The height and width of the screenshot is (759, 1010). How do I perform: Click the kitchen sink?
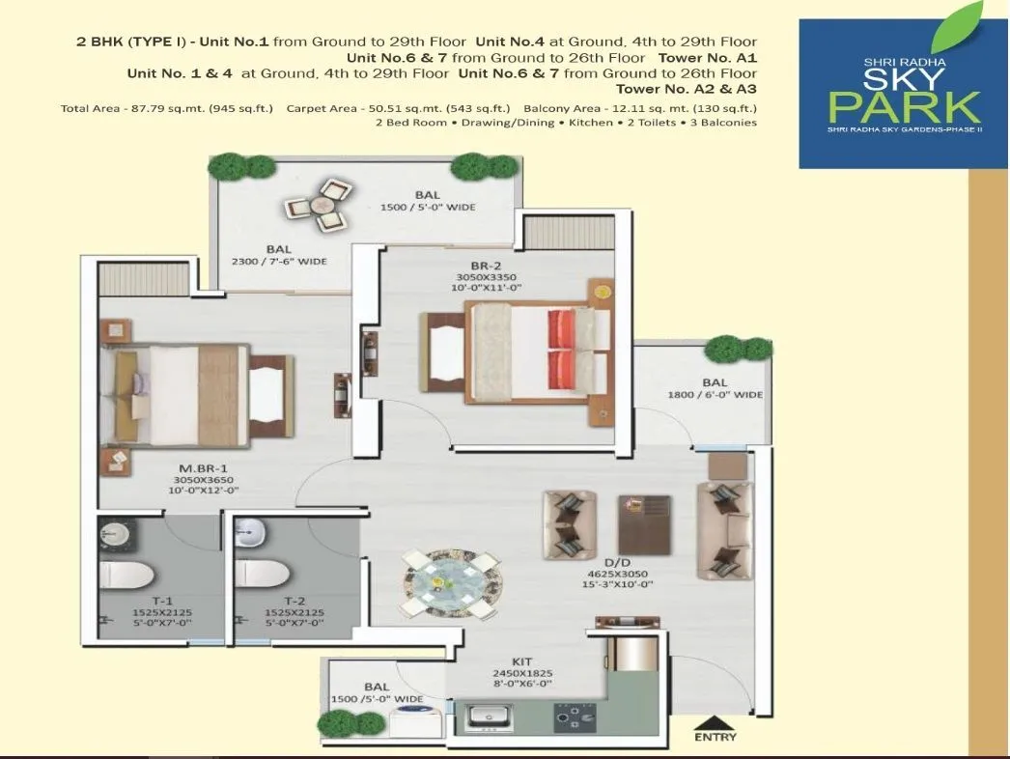click(491, 717)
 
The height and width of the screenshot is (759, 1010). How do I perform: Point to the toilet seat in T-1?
click(127, 575)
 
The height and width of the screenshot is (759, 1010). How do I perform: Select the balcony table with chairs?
click(319, 206)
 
